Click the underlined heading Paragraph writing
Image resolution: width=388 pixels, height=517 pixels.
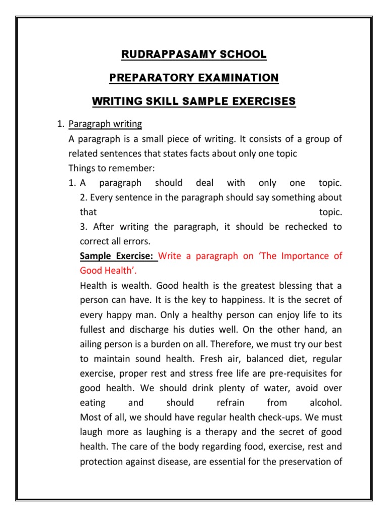click(105, 124)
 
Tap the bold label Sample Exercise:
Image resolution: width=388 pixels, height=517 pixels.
click(118, 256)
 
